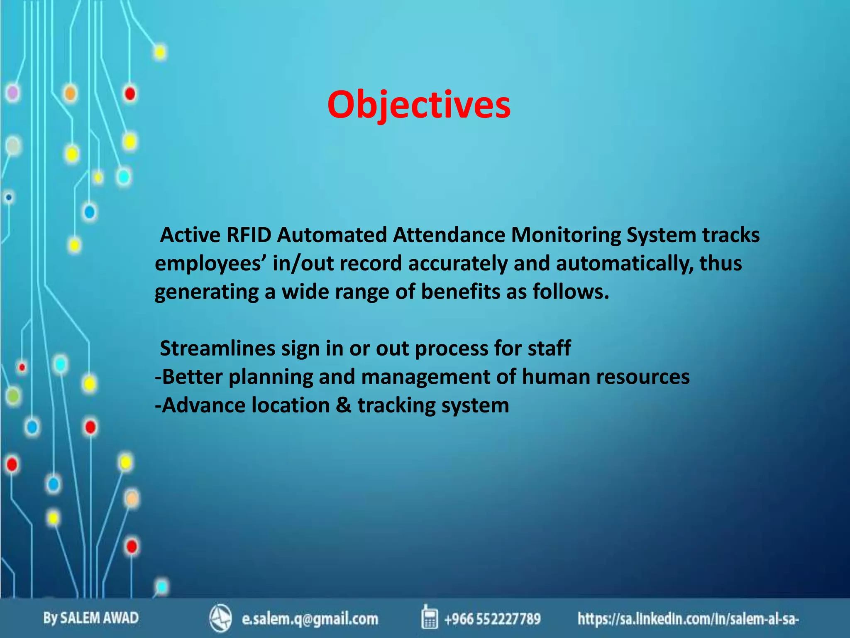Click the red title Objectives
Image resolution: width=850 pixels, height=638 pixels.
418,105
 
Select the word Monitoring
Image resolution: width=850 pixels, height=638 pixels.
566,235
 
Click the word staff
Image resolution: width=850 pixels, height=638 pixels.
549,348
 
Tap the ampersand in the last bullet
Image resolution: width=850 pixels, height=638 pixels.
344,405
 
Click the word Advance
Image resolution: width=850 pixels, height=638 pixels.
203,405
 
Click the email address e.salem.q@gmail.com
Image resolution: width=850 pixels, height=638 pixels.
310,619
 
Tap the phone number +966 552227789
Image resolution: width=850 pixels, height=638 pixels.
492,619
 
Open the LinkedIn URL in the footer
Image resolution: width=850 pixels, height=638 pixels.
688,619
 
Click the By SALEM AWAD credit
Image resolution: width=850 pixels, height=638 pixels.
91,618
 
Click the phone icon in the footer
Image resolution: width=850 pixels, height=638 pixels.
429,617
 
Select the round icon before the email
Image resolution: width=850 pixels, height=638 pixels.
220,618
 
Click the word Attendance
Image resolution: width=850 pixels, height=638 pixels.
449,235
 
